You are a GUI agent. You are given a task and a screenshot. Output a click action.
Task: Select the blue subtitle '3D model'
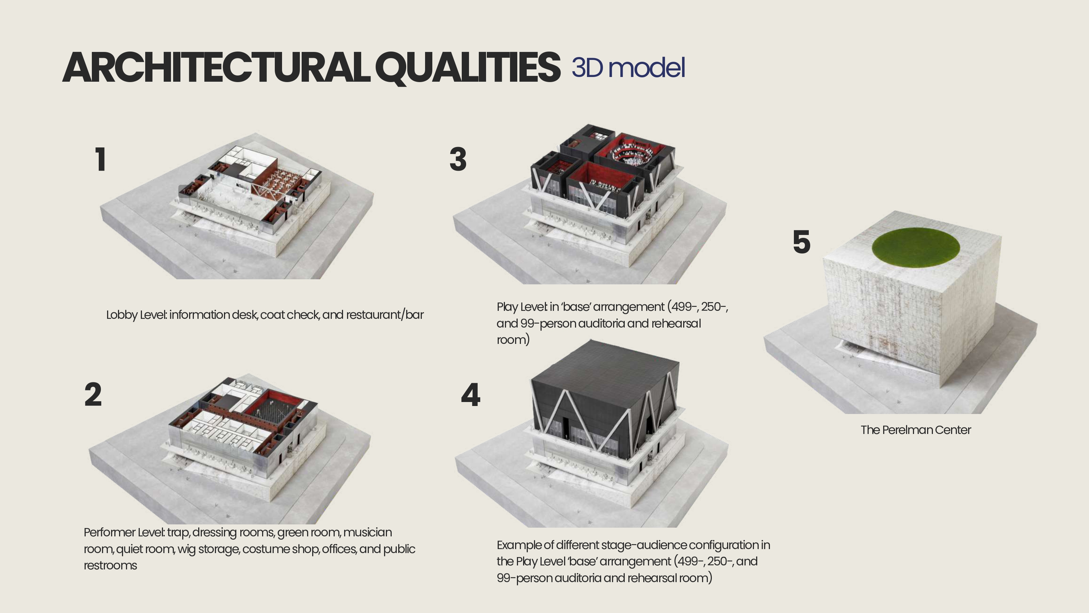(x=628, y=68)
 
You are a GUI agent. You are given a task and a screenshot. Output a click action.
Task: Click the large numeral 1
(x=100, y=159)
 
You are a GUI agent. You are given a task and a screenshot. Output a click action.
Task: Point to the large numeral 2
(x=93, y=394)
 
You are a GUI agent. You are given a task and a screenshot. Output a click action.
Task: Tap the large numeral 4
(x=470, y=395)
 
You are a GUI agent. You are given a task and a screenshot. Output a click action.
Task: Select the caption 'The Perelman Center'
(x=916, y=430)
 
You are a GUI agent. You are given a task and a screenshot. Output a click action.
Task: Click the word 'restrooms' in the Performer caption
(x=110, y=566)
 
